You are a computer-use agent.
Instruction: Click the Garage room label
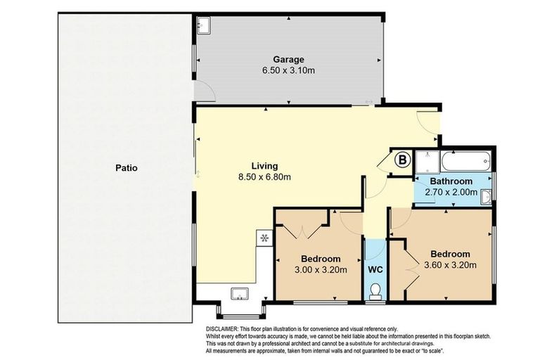click(x=288, y=59)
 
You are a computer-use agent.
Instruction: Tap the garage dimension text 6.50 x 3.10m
click(x=288, y=70)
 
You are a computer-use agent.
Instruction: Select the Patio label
click(x=127, y=168)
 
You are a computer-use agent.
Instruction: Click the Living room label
click(x=264, y=166)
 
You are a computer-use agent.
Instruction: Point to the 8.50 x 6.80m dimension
click(x=264, y=177)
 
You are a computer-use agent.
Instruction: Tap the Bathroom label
click(x=451, y=181)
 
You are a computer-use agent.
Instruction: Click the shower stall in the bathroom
click(x=427, y=162)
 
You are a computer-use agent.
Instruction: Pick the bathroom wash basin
click(x=487, y=197)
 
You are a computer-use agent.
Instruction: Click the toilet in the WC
click(x=375, y=291)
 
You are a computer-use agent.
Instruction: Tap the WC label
click(x=375, y=269)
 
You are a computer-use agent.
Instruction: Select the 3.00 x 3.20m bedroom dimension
click(x=321, y=270)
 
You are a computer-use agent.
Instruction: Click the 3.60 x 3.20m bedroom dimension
click(x=450, y=265)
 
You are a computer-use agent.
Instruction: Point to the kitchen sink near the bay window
click(x=240, y=294)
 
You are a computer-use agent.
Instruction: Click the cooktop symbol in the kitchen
click(x=264, y=238)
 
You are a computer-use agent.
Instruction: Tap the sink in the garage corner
click(x=203, y=25)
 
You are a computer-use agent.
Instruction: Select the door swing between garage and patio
click(x=205, y=91)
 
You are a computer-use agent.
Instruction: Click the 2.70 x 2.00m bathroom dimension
click(x=451, y=192)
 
